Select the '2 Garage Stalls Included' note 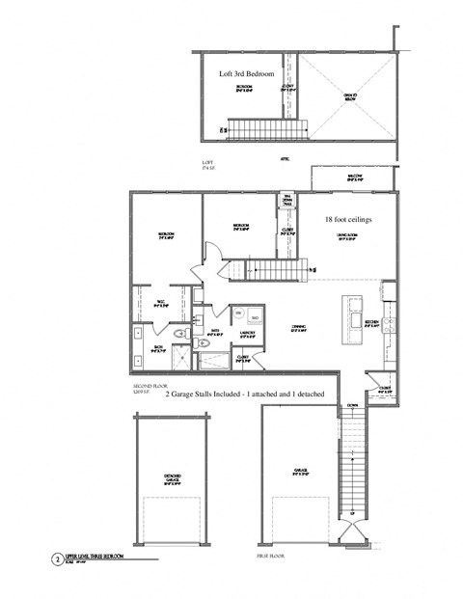244,395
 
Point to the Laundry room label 247,334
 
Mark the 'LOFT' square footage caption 206,164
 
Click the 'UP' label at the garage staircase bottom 352,513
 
